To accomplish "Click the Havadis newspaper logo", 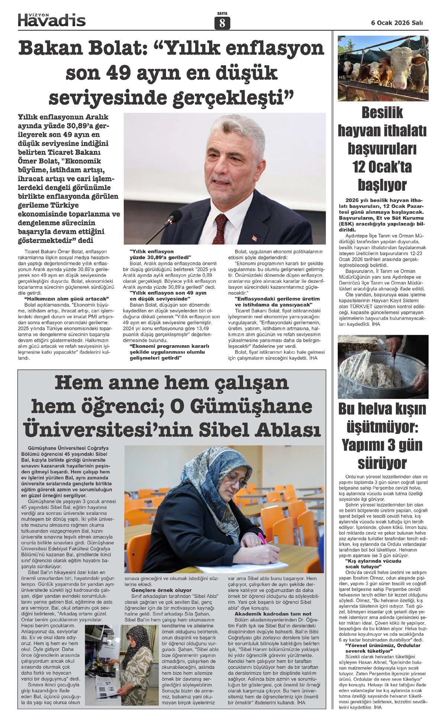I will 52,20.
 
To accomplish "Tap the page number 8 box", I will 222,23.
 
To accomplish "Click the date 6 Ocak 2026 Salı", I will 397,23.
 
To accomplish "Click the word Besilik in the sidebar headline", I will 383,113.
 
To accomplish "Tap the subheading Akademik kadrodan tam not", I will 273,614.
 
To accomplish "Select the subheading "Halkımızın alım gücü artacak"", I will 66,299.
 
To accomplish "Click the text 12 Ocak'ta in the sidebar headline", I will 383,167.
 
